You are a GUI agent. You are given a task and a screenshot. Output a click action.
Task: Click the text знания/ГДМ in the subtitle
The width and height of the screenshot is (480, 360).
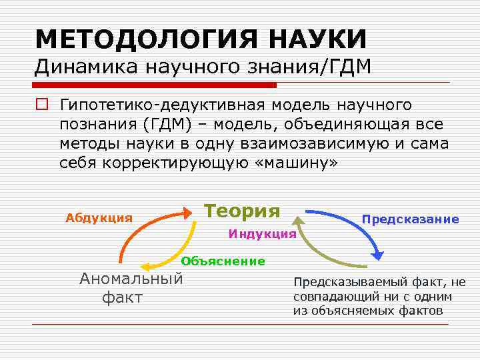[x=313, y=67]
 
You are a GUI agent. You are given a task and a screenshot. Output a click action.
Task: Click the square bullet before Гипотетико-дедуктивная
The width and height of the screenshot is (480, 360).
[x=41, y=105]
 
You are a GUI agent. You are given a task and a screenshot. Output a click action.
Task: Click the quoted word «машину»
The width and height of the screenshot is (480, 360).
[x=297, y=163]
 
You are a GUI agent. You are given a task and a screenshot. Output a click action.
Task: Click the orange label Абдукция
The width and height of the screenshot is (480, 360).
[x=99, y=218]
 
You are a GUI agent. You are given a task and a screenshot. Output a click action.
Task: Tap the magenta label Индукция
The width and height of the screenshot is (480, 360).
[x=262, y=234]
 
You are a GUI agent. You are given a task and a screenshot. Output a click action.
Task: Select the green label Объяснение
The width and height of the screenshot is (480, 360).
[x=223, y=261]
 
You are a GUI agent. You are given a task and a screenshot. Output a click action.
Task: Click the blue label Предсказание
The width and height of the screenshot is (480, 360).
[x=410, y=219]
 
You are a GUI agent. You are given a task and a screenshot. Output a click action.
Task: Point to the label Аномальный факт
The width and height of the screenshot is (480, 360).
[x=131, y=288]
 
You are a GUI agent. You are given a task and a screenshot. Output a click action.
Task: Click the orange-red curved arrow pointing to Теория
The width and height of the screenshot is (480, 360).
[x=140, y=223]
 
